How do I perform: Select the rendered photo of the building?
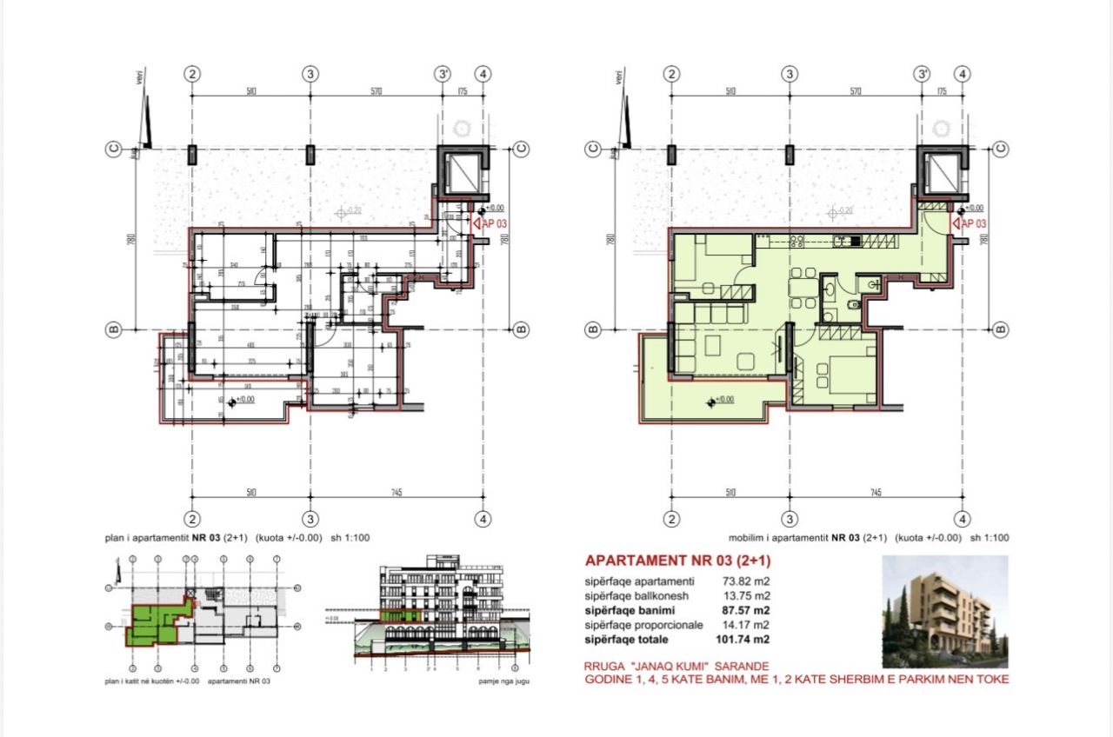[944, 611]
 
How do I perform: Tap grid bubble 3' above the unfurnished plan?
[443, 74]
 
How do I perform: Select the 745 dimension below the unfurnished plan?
[396, 493]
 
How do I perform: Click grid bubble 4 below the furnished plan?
[962, 520]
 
